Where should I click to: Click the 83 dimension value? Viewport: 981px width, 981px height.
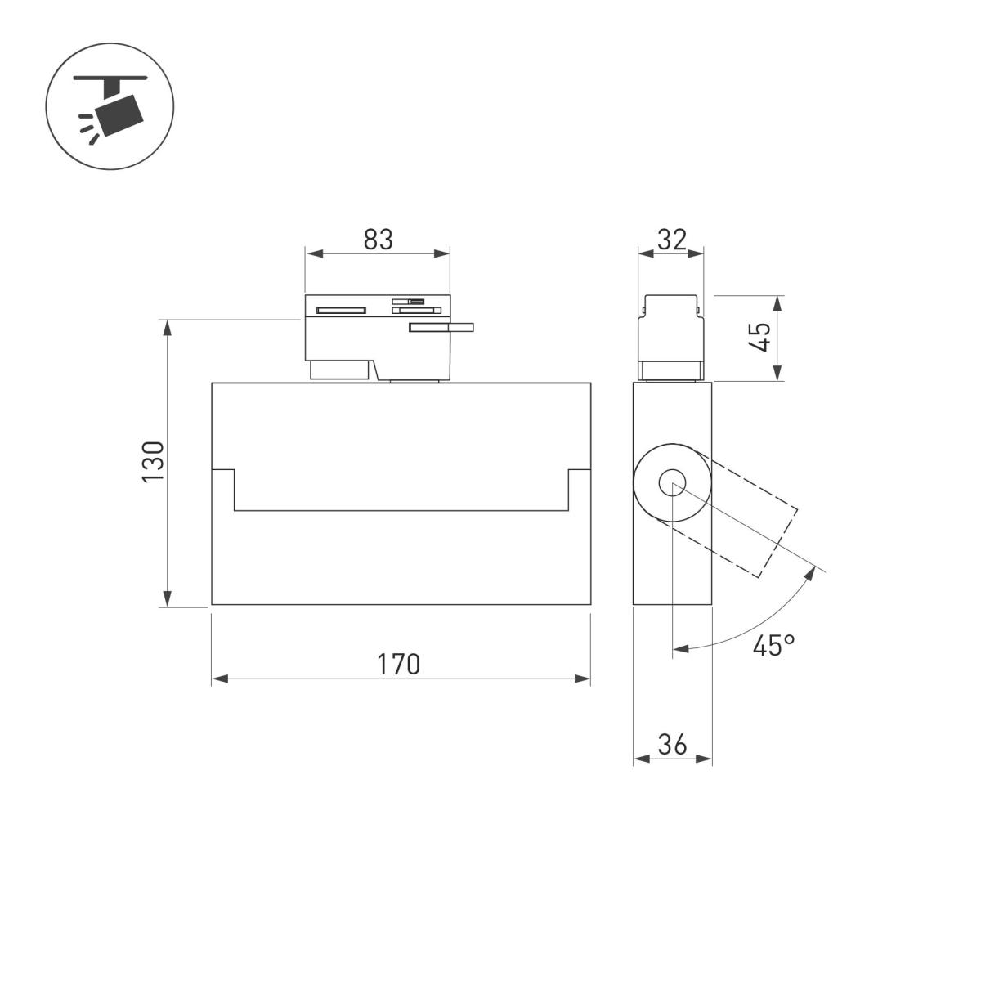click(x=379, y=240)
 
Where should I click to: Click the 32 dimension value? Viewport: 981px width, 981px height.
click(x=671, y=240)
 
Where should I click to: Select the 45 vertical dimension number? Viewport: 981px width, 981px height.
click(x=760, y=337)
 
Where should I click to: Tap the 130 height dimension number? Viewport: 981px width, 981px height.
click(x=154, y=462)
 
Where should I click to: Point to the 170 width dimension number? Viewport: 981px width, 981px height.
click(x=399, y=665)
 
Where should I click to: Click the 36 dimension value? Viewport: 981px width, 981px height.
click(x=672, y=745)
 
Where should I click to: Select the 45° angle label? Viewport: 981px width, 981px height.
click(x=773, y=646)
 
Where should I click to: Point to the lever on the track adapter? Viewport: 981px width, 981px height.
click(x=442, y=328)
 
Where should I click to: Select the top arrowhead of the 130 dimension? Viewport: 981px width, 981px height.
click(x=167, y=327)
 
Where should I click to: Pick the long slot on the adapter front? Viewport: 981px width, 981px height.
click(x=341, y=310)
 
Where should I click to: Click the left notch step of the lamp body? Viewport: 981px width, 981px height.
click(x=224, y=470)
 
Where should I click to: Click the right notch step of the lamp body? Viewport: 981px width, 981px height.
click(x=579, y=470)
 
